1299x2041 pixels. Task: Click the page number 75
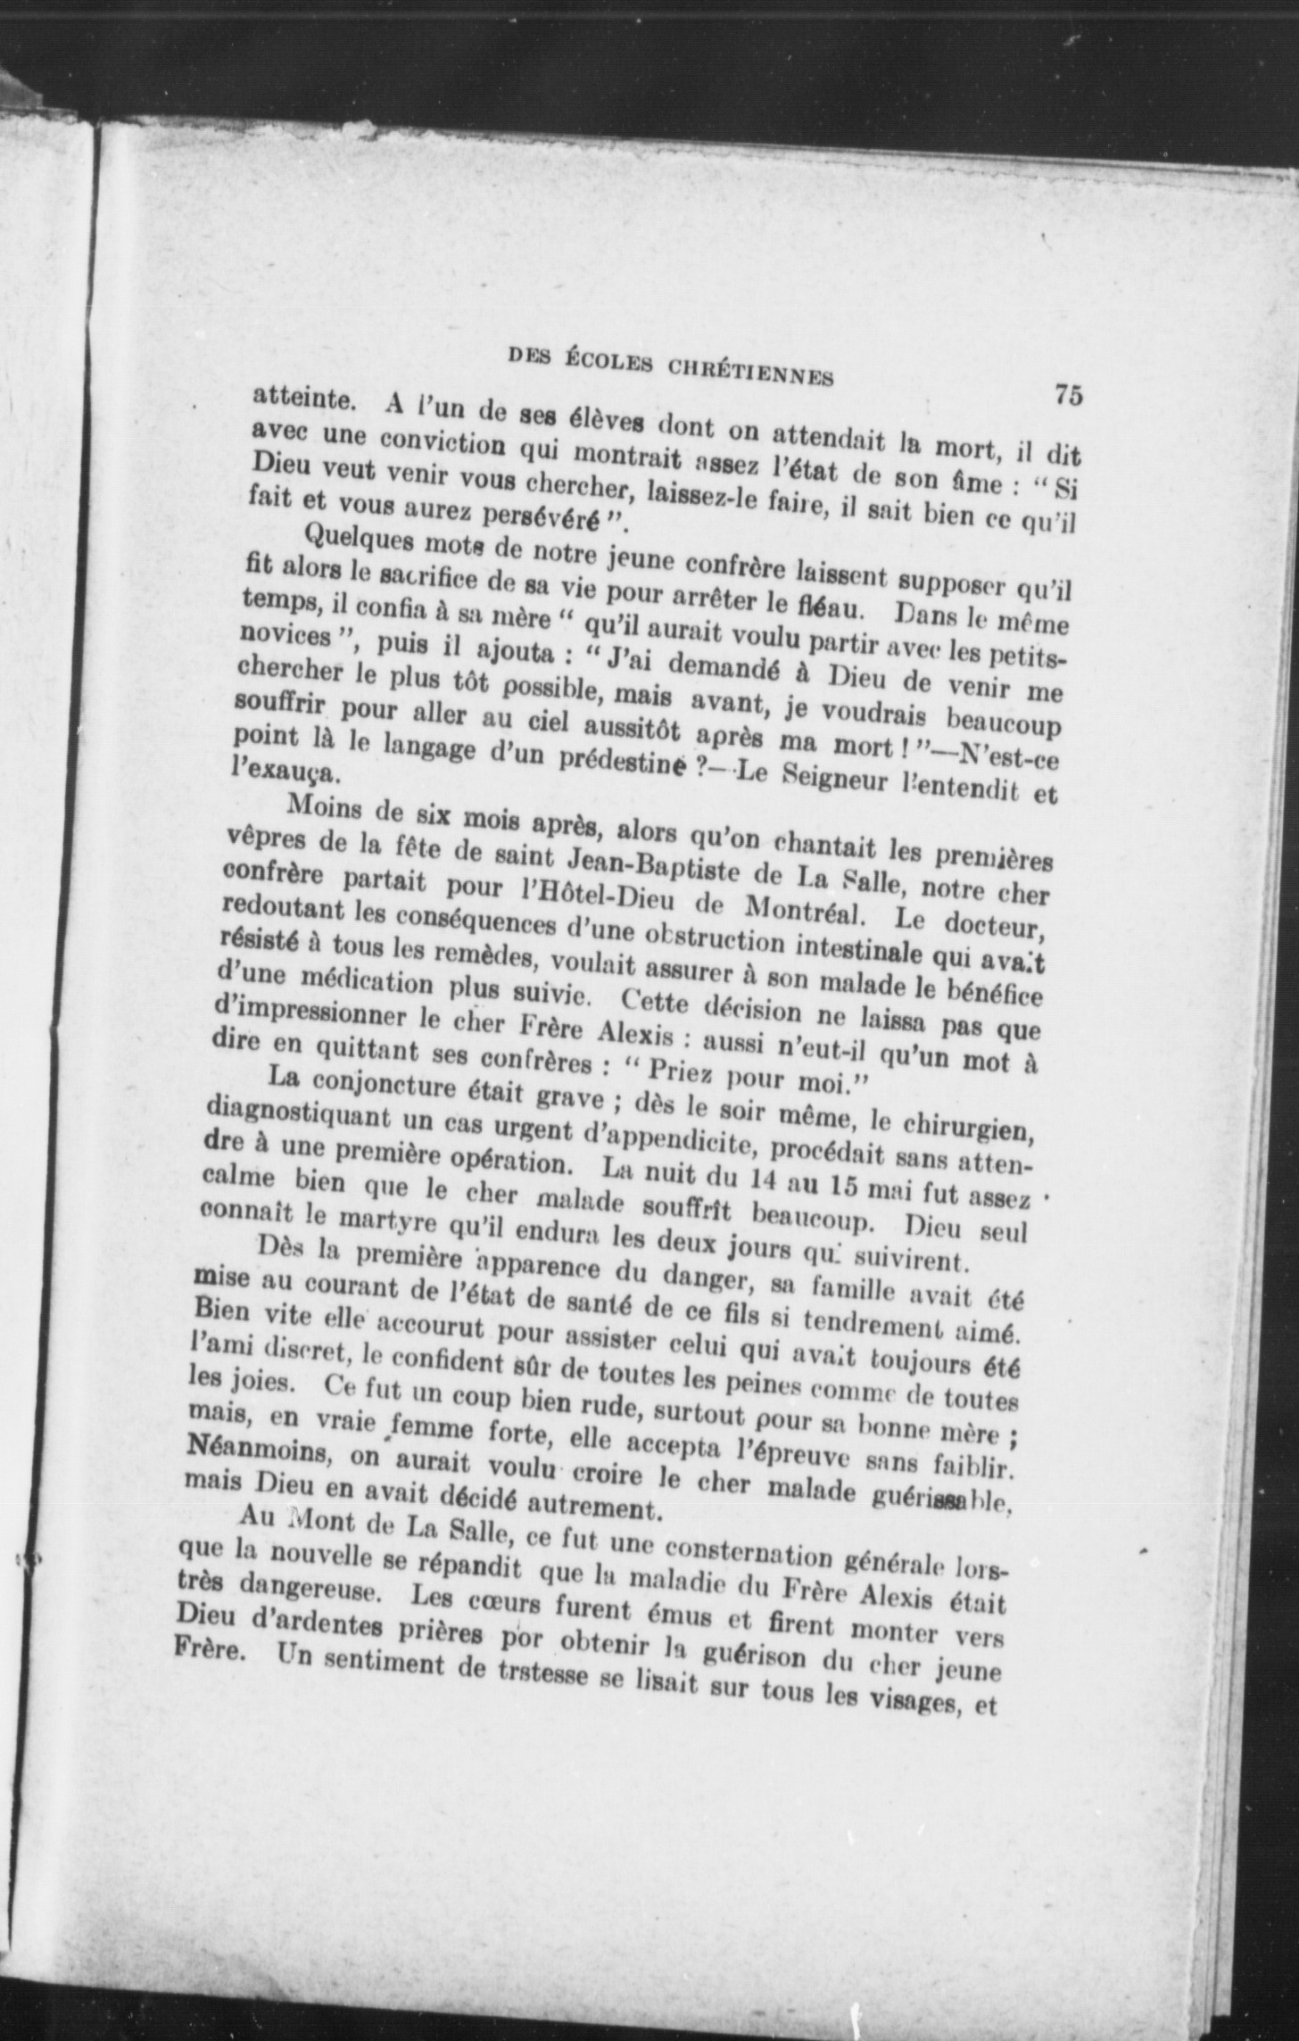point(1067,393)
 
